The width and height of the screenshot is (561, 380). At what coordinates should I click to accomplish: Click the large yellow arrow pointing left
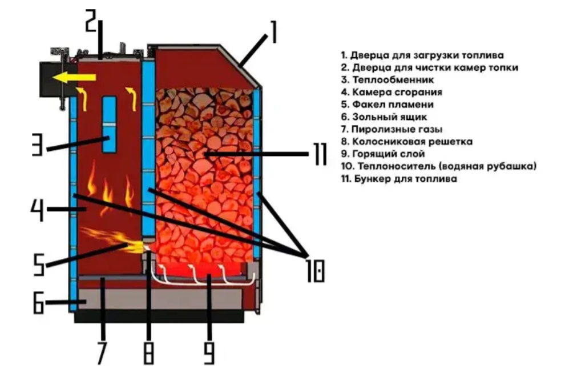tap(63, 77)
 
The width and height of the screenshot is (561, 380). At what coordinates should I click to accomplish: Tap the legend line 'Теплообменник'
tap(388, 79)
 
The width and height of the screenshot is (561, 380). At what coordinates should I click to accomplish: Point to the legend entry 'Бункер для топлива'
tap(399, 179)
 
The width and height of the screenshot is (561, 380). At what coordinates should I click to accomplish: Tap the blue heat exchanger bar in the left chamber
tap(109, 124)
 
